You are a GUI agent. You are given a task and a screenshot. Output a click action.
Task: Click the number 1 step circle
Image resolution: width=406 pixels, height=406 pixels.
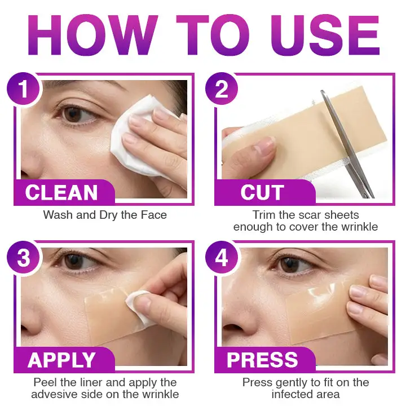coord(23,90)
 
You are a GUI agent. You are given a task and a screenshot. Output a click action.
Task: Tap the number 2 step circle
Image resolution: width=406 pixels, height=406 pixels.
coord(222,90)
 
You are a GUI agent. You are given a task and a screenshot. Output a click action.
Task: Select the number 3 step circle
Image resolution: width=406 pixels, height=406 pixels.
coord(23,258)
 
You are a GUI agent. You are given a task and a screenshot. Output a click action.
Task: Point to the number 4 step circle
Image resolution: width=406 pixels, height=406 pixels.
coord(222,258)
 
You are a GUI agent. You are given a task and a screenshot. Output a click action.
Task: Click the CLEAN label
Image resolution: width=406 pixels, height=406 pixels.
coord(63,193)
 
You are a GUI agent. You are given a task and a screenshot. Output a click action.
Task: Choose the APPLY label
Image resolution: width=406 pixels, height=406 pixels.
coord(62,360)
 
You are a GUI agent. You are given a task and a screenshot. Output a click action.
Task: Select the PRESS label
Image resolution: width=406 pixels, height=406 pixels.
coord(262,360)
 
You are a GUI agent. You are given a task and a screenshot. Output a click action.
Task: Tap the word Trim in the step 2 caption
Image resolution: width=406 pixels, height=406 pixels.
coord(265,215)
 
